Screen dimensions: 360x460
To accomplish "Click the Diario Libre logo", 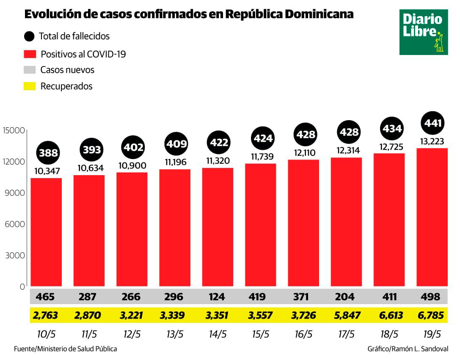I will (x=423, y=32).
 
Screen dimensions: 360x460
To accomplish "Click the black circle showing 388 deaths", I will (x=48, y=153).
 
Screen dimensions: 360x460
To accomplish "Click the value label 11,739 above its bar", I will (x=261, y=156).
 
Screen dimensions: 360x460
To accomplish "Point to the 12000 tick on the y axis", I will (x=14, y=162).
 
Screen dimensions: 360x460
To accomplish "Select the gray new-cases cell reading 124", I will (x=218, y=297).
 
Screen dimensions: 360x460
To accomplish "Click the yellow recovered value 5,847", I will (x=346, y=316).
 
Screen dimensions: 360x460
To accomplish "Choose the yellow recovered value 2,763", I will (x=45, y=316).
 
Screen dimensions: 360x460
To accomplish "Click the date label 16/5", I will (x=303, y=334).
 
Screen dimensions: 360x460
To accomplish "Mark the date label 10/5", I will (x=46, y=334).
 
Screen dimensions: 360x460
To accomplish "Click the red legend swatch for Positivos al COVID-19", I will (x=30, y=54).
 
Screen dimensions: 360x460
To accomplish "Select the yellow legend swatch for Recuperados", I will (x=30, y=86).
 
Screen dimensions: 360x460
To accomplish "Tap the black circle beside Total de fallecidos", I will (x=30, y=36).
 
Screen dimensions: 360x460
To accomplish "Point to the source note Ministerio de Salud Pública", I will (x=65, y=349).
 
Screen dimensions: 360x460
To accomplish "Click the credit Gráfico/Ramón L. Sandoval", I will (x=408, y=349).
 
